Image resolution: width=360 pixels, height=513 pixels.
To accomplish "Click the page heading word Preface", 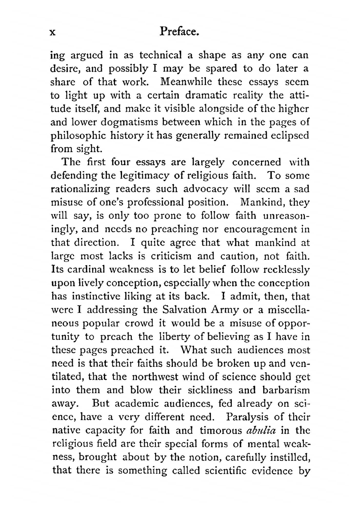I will [179, 32].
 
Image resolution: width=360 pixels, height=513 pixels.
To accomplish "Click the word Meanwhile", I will [186, 82].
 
